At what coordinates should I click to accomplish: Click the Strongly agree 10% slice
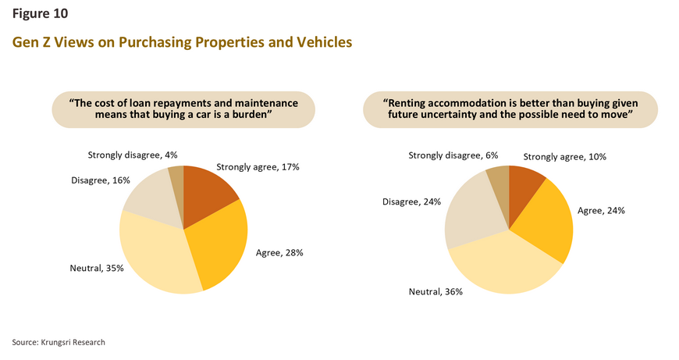tap(523, 187)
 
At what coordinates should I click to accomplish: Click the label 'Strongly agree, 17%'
tap(258, 167)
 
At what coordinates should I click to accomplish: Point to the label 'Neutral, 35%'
tap(97, 268)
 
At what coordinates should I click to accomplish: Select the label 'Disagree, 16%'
tap(101, 180)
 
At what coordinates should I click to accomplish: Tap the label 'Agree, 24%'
tap(601, 211)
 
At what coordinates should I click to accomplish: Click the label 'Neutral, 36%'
tap(435, 291)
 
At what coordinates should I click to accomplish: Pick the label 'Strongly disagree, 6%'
tap(453, 155)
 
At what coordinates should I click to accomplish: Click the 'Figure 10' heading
tap(40, 13)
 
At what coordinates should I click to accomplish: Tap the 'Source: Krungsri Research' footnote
tap(59, 342)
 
